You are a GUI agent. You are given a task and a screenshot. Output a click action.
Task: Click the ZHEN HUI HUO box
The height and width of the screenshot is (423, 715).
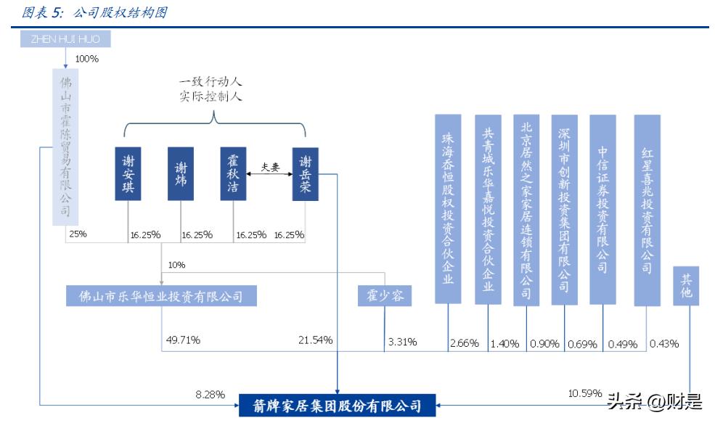tap(65, 38)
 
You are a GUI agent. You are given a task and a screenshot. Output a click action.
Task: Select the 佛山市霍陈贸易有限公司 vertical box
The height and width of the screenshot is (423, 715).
tap(66, 145)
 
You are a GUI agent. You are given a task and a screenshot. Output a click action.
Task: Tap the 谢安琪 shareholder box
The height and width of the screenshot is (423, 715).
tap(128, 173)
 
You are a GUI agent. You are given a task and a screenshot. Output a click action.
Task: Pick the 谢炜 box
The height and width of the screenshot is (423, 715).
tap(181, 173)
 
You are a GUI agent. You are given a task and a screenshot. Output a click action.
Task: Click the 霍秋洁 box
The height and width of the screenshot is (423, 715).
tap(233, 173)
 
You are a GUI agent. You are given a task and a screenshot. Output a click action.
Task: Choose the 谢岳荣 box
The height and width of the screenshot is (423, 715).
tap(306, 173)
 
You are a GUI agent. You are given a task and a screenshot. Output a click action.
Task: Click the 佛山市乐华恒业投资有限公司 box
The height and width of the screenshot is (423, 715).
tap(160, 295)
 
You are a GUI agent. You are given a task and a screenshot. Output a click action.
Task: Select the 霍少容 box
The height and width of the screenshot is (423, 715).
tap(385, 295)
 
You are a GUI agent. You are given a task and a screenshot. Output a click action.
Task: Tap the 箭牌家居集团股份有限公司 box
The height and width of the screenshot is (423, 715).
tap(338, 405)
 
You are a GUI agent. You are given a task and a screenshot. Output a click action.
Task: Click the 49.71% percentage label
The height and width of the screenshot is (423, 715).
tap(182, 340)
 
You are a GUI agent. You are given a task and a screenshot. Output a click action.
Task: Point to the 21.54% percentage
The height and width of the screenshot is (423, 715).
tap(315, 340)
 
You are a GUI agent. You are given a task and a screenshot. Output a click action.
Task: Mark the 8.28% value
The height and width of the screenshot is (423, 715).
tap(211, 394)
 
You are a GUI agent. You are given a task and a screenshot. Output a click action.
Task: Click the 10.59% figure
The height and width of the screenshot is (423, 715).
tap(584, 393)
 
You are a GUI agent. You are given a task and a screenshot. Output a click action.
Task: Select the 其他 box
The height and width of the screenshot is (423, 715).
tap(686, 286)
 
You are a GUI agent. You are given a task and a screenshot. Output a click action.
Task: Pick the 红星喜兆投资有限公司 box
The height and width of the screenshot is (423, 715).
tap(647, 209)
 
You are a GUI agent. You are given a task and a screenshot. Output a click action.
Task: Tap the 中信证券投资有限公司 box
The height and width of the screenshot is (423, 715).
tap(602, 209)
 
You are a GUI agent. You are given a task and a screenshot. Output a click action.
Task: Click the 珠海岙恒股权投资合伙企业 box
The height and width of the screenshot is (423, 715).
tap(448, 209)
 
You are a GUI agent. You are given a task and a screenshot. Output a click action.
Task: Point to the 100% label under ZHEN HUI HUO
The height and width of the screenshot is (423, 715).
tap(87, 58)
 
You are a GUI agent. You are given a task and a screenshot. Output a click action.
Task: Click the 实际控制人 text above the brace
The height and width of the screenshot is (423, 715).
tap(211, 96)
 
